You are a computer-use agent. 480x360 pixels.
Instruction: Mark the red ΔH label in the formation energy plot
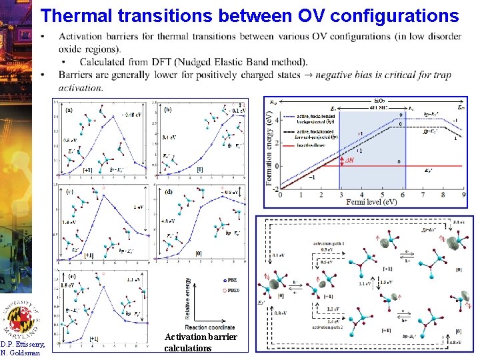pos(348,161)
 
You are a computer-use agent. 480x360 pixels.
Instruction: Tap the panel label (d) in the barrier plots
pos(168,192)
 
